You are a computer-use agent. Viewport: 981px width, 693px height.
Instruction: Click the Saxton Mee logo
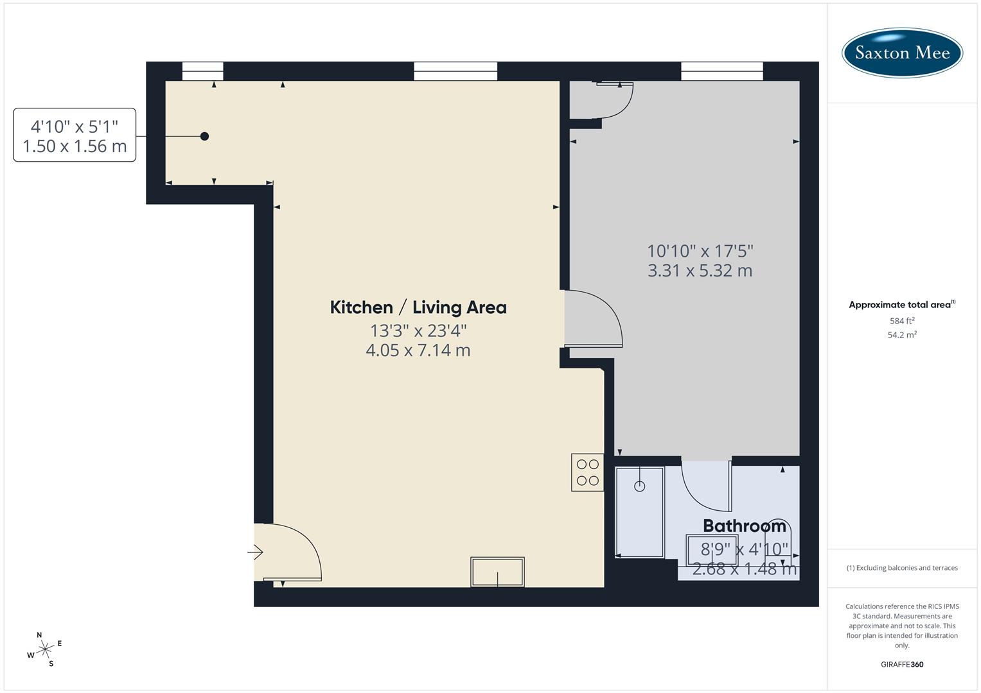pyautogui.click(x=902, y=53)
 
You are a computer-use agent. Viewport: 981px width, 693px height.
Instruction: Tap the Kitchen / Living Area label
pyautogui.click(x=418, y=307)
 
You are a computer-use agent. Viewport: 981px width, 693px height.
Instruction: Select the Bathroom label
pyautogui.click(x=744, y=526)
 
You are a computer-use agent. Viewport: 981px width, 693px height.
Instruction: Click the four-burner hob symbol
pyautogui.click(x=587, y=472)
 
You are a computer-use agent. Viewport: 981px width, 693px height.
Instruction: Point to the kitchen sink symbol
pyautogui.click(x=497, y=572)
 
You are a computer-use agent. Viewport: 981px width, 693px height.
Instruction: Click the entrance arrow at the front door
pyautogui.click(x=256, y=552)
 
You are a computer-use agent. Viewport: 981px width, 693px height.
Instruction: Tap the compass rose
pyautogui.click(x=45, y=649)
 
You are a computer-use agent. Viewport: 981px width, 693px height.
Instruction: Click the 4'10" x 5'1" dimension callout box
pyautogui.click(x=75, y=135)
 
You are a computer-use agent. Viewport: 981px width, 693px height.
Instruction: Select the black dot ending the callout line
pyautogui.click(x=204, y=136)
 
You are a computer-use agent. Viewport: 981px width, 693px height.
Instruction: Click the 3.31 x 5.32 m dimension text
pyautogui.click(x=700, y=271)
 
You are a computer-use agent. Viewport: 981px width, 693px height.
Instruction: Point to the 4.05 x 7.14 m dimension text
pyautogui.click(x=418, y=350)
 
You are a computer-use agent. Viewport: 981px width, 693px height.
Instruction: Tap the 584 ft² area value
pyautogui.click(x=902, y=321)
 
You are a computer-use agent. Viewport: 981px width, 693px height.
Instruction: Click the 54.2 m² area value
pyautogui.click(x=902, y=334)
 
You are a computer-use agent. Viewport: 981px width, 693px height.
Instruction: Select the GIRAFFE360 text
pyautogui.click(x=902, y=665)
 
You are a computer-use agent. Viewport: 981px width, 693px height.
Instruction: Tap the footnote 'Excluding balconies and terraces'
pyautogui.click(x=902, y=568)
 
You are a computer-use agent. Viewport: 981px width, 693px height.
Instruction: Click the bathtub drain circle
pyautogui.click(x=639, y=486)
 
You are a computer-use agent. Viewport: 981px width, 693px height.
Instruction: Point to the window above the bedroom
pyautogui.click(x=722, y=71)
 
